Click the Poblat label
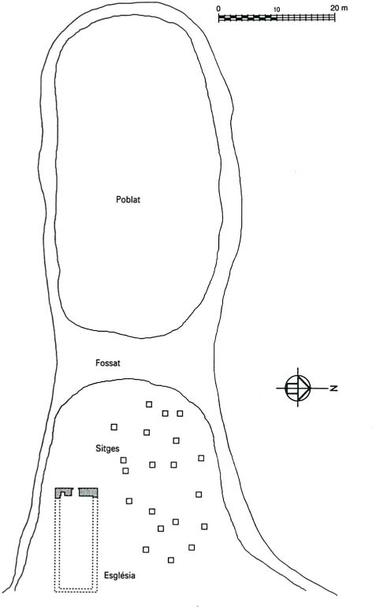[128, 199]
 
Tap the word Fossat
[107, 363]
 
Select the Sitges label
[107, 448]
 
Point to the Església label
[120, 575]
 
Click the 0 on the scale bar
[218, 9]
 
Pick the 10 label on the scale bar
[276, 9]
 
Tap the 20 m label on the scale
[339, 8]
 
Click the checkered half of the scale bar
[248, 17]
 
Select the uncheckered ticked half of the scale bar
[306, 17]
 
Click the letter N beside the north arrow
[333, 388]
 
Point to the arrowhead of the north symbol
[306, 388]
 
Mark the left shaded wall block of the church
[64, 492]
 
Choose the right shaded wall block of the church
[88, 492]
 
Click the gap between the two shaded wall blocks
[76, 492]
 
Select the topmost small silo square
[149, 404]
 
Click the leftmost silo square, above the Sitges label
[114, 427]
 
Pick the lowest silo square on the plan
[171, 560]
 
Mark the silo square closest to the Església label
[146, 550]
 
